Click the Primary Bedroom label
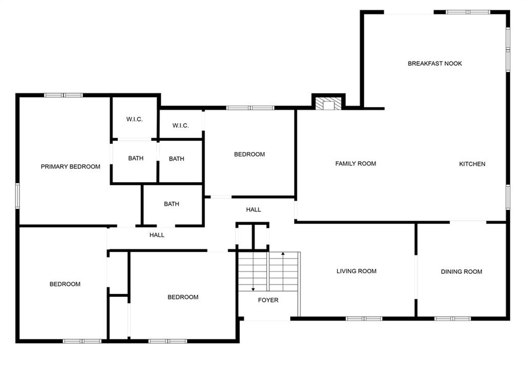(x=70, y=166)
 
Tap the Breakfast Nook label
(x=435, y=63)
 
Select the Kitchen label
(x=472, y=164)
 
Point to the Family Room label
(x=356, y=163)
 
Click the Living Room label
(x=356, y=271)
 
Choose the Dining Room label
(x=461, y=272)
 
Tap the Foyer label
(x=268, y=300)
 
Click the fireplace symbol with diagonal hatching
(x=329, y=103)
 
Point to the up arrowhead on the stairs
(x=283, y=254)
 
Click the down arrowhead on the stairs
(x=253, y=289)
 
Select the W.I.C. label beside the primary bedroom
(x=134, y=119)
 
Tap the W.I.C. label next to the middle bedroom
(x=180, y=126)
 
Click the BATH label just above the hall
(x=171, y=204)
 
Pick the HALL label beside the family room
(x=253, y=209)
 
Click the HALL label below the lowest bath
(x=157, y=235)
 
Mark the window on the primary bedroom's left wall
(x=17, y=196)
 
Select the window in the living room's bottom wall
(x=364, y=318)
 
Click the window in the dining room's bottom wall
(x=453, y=318)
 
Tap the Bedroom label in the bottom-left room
(x=65, y=284)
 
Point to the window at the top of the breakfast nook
(x=468, y=12)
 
